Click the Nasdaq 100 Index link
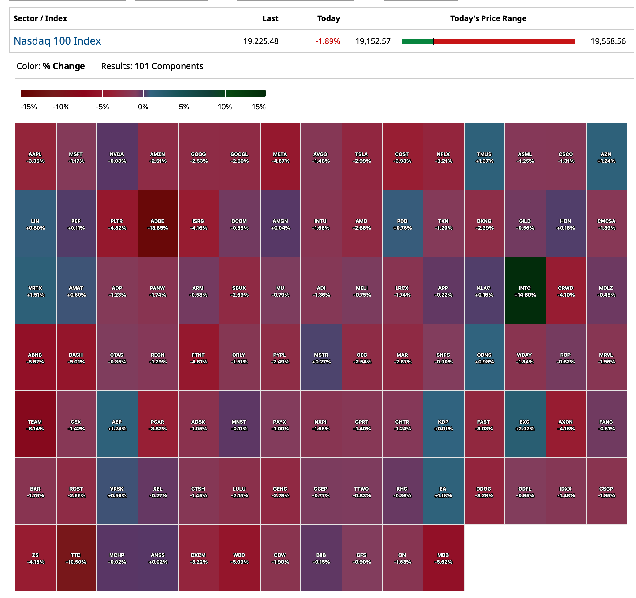pos(57,41)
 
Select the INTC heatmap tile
pos(525,290)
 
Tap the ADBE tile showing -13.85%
pos(158,224)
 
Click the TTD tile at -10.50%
pos(76,558)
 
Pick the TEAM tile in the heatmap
pos(35,425)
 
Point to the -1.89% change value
pos(327,41)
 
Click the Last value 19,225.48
pos(261,41)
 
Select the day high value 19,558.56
pos(608,41)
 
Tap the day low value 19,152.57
pos(373,41)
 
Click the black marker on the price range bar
pos(434,41)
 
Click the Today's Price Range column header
pos(488,18)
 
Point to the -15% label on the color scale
pos(29,107)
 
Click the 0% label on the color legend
pos(143,107)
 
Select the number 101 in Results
pos(142,66)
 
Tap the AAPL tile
pos(36,157)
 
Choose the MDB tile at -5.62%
pos(443,558)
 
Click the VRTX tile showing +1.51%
pos(36,290)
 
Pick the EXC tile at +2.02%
pos(525,425)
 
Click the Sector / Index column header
pos(40,18)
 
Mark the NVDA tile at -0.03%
pos(117,157)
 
